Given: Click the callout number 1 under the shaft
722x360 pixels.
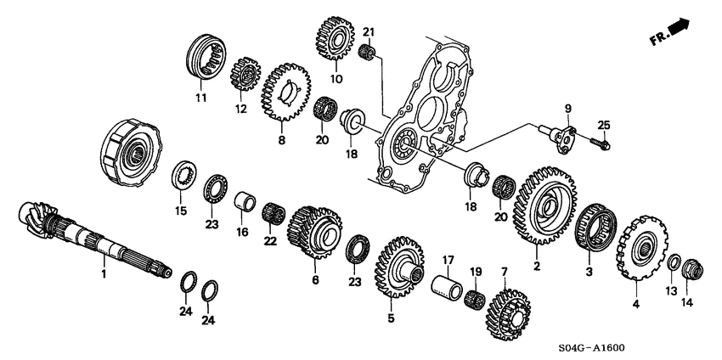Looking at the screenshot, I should click(x=104, y=275).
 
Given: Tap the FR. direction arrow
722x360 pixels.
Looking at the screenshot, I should click(x=678, y=32).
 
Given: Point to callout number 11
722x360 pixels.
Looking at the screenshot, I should click(x=201, y=98).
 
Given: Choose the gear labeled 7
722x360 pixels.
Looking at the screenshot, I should click(x=507, y=314).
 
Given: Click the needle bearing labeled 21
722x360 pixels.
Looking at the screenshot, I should click(x=368, y=53).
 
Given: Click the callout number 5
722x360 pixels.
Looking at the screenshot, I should click(x=392, y=319).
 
